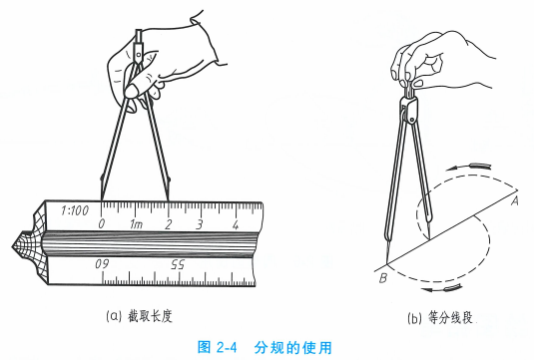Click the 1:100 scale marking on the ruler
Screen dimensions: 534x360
(75, 210)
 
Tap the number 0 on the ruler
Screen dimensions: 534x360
(102, 224)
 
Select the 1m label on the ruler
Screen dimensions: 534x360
(136, 224)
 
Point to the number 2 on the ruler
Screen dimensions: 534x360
(168, 224)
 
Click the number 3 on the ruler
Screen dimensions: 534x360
(200, 224)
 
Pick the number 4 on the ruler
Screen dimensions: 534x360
(236, 224)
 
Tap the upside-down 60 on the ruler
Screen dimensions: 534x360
(102, 264)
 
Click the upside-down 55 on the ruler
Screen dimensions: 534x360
(178, 264)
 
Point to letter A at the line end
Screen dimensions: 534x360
(515, 201)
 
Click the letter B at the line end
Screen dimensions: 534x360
(383, 278)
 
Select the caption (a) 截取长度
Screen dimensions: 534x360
(140, 316)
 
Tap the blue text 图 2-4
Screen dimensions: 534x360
(217, 347)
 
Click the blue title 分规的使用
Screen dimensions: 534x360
(292, 347)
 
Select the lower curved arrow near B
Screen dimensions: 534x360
(442, 288)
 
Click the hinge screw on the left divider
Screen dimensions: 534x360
(139, 54)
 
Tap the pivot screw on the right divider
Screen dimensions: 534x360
(412, 120)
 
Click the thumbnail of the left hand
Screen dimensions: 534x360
(132, 91)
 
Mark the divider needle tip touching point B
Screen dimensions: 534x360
(387, 263)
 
